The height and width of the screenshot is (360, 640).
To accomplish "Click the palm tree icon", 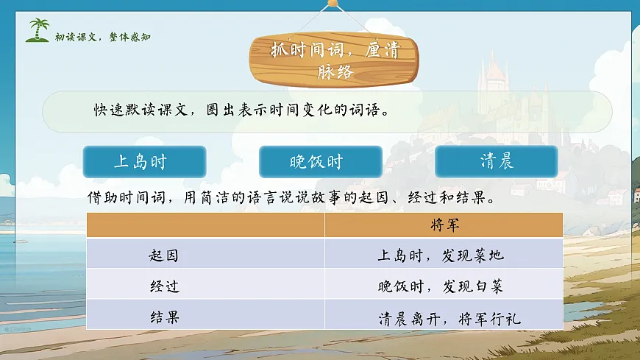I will [x=38, y=30].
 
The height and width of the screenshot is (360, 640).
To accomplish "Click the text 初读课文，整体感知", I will [x=102, y=37].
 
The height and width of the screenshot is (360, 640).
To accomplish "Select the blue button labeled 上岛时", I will [x=144, y=162].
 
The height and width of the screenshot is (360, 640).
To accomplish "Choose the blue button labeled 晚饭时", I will [x=320, y=162].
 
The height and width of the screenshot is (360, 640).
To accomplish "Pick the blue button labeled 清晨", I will [x=497, y=162].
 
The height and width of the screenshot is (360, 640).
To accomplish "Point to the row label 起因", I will [x=163, y=255].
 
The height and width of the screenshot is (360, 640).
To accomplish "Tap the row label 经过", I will [x=163, y=286].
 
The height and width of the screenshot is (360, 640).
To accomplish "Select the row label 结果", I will [x=163, y=317].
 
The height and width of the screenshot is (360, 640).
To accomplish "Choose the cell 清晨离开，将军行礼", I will [x=449, y=318].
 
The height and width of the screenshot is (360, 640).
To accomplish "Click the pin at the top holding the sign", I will [x=333, y=4].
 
